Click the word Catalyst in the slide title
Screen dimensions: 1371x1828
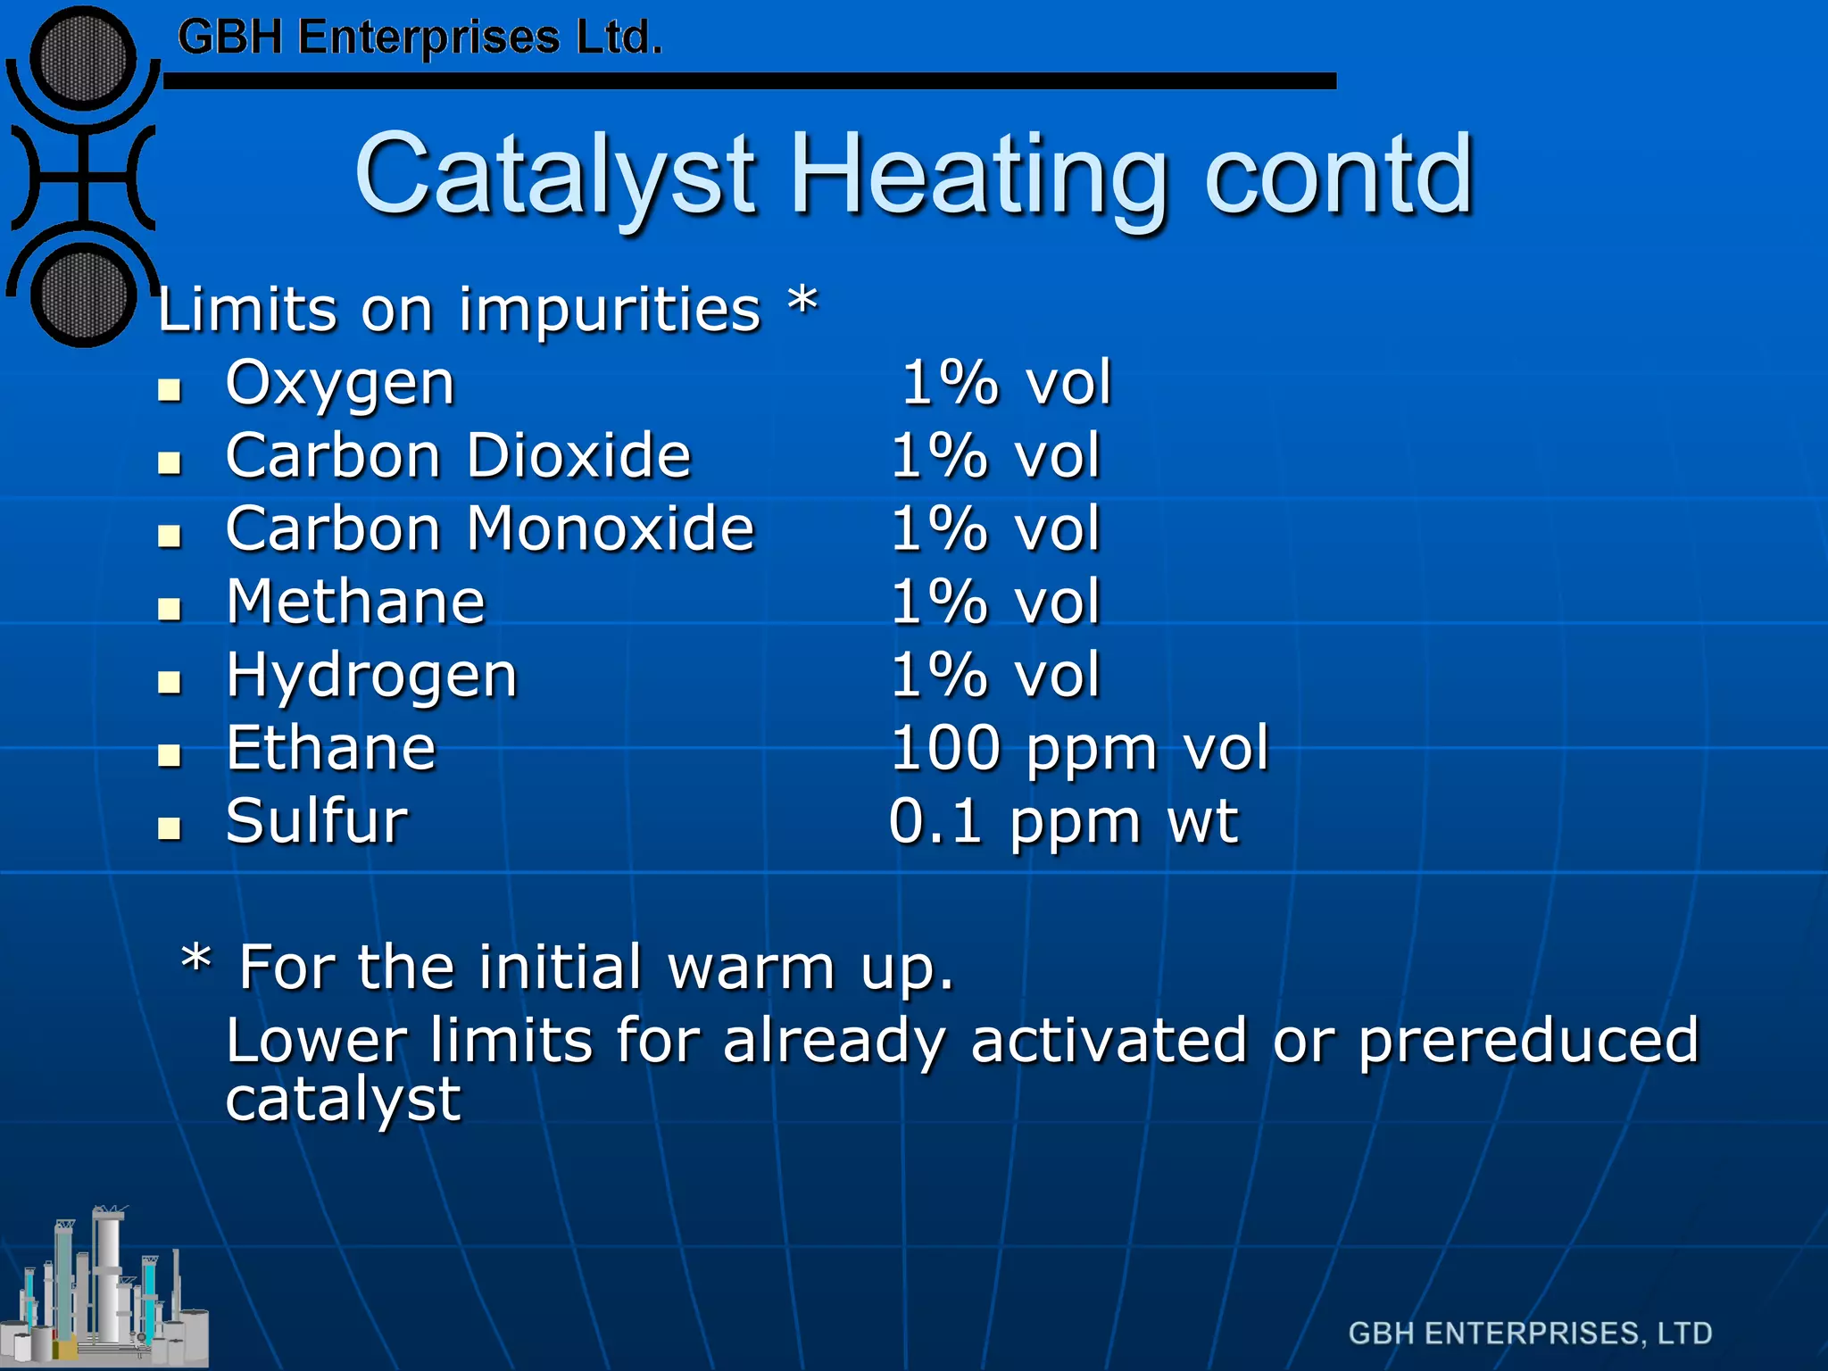pos(554,175)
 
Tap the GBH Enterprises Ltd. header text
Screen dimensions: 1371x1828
pos(420,37)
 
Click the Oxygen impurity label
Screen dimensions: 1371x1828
pos(340,384)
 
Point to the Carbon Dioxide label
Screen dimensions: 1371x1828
pos(458,456)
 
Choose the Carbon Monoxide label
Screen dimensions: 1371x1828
pos(490,529)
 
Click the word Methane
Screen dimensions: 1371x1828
pos(355,602)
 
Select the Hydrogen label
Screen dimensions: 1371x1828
pos(371,677)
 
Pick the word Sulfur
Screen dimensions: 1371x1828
pos(317,821)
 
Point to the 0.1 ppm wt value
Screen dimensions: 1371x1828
pos(1063,821)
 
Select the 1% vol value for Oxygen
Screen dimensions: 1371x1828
pos(1006,384)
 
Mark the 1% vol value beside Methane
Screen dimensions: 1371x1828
pos(995,602)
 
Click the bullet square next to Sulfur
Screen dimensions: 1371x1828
pos(169,828)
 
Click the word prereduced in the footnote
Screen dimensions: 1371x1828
pos(1528,1041)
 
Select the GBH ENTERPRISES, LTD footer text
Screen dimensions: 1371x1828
pos(1530,1333)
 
